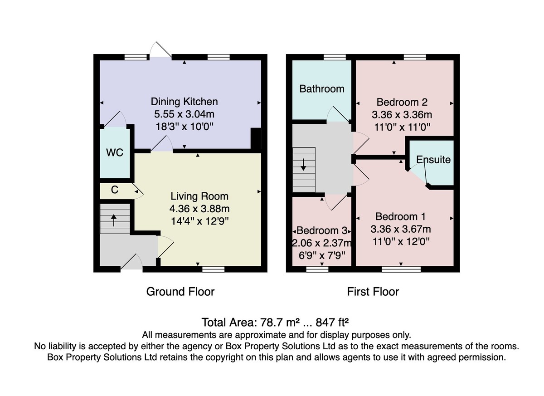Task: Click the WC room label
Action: tap(115, 152)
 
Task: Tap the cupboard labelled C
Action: tap(115, 190)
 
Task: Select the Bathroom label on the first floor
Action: tap(322, 89)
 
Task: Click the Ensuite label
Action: tap(433, 160)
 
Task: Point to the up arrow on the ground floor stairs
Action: tap(114, 220)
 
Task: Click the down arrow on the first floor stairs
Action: tap(303, 165)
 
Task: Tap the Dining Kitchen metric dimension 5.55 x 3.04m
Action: tap(184, 114)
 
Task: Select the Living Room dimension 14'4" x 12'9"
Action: tap(199, 221)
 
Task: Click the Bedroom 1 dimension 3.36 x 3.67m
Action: tap(401, 229)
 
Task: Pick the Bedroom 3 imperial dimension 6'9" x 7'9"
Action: tap(322, 255)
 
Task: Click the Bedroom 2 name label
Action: tap(402, 102)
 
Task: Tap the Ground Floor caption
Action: tap(180, 292)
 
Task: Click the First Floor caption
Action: tap(373, 292)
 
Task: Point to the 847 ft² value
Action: tap(332, 323)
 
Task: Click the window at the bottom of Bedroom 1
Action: tap(401, 269)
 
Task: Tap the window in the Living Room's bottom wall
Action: tap(214, 269)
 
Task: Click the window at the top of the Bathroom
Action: tap(335, 57)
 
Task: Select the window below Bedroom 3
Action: tap(317, 269)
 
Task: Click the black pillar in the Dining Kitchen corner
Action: tap(256, 138)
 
